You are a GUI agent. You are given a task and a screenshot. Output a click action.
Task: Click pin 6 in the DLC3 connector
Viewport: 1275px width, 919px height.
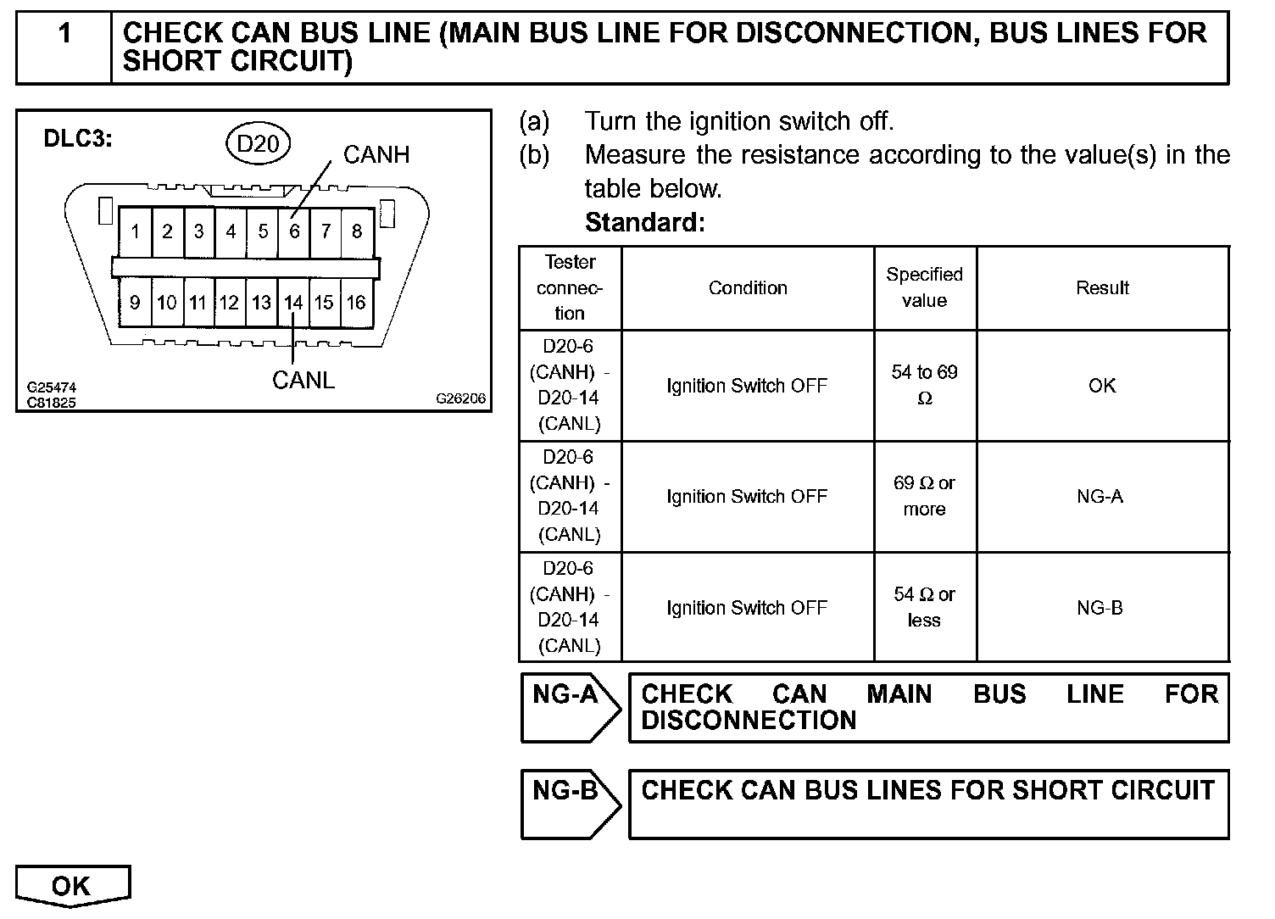point(294,231)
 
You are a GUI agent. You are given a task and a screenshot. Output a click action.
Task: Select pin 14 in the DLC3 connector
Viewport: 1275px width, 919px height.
point(292,303)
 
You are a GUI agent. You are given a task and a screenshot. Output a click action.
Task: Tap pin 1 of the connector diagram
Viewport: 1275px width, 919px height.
point(135,231)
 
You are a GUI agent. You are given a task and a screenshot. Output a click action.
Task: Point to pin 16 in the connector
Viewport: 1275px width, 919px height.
point(356,303)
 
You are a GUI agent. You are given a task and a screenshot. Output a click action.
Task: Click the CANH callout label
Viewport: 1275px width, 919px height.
point(376,154)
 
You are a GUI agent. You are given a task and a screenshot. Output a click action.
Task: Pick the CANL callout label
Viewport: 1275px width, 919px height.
point(303,380)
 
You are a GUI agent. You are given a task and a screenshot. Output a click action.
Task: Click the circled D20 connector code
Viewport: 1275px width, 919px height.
point(258,143)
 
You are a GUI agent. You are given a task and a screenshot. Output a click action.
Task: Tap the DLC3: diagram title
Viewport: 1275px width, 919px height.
point(78,139)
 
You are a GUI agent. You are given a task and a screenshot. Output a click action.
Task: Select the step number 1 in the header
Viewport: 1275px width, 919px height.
point(64,34)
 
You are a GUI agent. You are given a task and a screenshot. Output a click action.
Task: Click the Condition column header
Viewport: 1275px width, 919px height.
point(748,288)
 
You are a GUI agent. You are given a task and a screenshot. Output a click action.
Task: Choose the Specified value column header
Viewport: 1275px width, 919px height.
point(924,287)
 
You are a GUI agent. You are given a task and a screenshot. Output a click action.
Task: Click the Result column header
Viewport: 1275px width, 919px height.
point(1102,288)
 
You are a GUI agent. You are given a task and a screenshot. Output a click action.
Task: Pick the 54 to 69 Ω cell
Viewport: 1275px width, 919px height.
point(924,385)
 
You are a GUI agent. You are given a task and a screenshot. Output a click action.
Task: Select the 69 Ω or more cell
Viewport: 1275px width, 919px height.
point(924,496)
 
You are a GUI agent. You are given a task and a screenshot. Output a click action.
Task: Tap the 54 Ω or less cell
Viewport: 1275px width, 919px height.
point(924,607)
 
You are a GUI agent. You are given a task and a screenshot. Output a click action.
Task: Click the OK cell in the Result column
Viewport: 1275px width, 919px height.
point(1102,386)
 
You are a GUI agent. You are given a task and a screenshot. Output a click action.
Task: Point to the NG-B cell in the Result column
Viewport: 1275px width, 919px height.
point(1100,608)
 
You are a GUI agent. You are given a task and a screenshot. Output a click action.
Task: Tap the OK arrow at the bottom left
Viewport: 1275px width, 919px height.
point(72,886)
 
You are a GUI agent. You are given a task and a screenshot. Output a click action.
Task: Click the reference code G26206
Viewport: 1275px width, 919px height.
point(461,398)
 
